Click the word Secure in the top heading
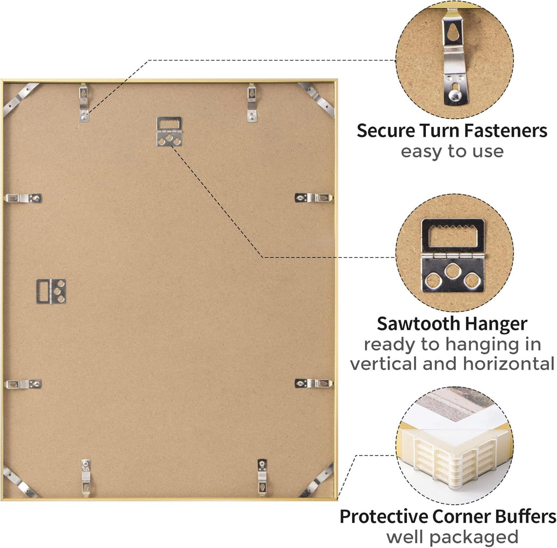(x=387, y=131)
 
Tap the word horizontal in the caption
(x=509, y=364)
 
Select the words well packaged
(x=452, y=537)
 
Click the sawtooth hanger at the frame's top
(x=170, y=131)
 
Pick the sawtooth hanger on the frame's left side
(x=51, y=291)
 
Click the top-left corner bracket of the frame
(x=20, y=99)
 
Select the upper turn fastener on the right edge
(x=314, y=198)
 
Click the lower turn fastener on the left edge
(x=23, y=384)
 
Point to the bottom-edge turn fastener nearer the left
(x=85, y=478)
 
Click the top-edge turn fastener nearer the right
(x=252, y=102)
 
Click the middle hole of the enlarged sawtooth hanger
(x=453, y=271)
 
